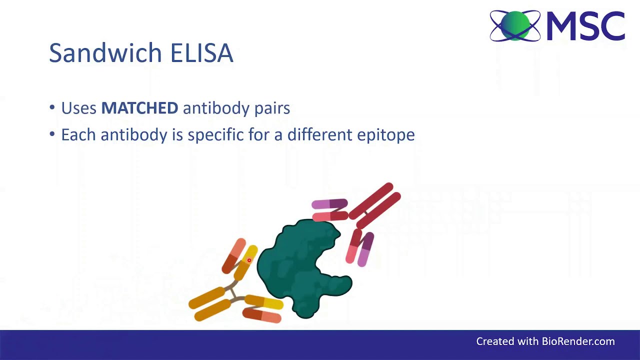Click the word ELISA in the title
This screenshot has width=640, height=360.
tap(201, 53)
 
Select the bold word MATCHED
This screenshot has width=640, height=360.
tap(139, 108)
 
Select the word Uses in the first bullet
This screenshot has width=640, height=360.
tap(78, 108)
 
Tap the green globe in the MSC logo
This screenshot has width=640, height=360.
tap(515, 25)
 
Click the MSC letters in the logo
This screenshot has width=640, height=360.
tap(585, 26)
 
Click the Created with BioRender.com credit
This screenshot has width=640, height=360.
tap(545, 341)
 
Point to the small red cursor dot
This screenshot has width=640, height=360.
tap(249, 260)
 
